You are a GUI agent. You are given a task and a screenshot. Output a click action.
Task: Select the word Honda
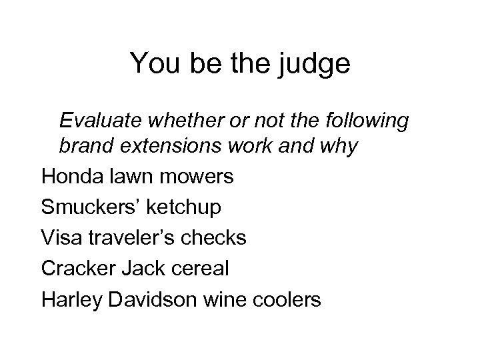click(69, 177)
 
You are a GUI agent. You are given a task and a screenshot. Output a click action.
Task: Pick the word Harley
click(69, 300)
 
